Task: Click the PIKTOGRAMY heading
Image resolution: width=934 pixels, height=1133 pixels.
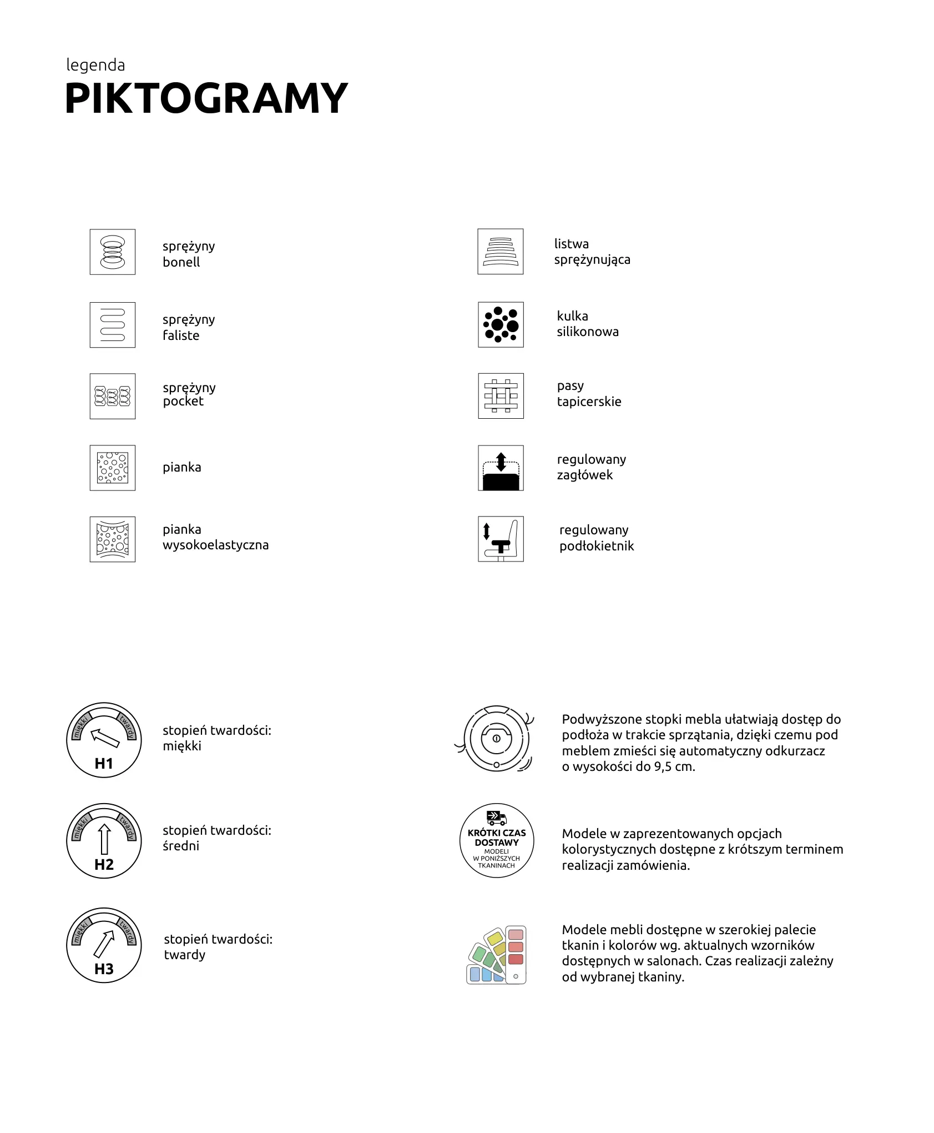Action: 206,98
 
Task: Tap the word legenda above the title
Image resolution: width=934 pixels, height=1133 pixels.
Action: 95,65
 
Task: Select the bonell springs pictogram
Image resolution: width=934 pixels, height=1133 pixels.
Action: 113,252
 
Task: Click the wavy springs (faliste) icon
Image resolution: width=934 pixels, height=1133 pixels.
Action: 113,325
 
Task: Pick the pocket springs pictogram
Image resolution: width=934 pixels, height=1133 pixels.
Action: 113,396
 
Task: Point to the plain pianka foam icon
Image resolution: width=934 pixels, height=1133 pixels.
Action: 113,468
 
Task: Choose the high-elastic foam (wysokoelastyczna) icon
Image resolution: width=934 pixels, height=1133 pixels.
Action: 113,539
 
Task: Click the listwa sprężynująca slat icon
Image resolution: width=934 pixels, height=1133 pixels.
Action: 500,252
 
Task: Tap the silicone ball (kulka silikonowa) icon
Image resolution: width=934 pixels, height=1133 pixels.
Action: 501,325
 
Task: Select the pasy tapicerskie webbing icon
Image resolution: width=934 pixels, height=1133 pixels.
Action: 501,396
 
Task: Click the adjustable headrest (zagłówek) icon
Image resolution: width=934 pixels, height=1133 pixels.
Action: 501,468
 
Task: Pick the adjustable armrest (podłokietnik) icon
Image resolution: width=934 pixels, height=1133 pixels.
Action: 501,539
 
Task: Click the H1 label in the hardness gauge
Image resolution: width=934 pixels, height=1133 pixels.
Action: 104,764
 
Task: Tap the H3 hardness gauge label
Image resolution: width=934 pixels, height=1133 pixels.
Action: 104,969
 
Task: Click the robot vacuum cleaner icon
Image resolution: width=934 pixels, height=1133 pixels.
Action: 496,739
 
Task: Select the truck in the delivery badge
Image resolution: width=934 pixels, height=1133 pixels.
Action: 497,818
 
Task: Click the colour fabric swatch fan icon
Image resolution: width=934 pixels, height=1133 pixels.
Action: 496,955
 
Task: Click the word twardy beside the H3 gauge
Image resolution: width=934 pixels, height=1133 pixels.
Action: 185,955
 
